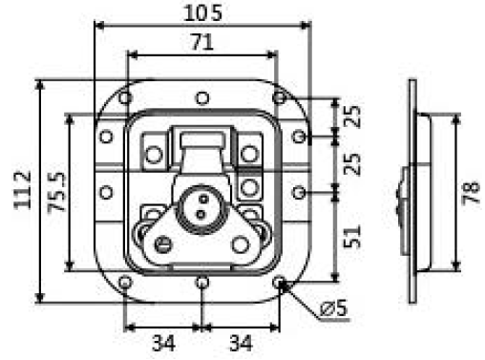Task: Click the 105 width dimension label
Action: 202,13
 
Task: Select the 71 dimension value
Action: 202,42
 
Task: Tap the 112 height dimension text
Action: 23,190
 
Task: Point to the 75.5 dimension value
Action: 56,192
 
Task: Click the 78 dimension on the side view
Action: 471,192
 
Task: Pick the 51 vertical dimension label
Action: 352,237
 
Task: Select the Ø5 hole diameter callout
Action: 333,307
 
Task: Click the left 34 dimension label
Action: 163,343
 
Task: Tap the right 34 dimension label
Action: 241,343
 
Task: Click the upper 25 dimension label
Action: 352,116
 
